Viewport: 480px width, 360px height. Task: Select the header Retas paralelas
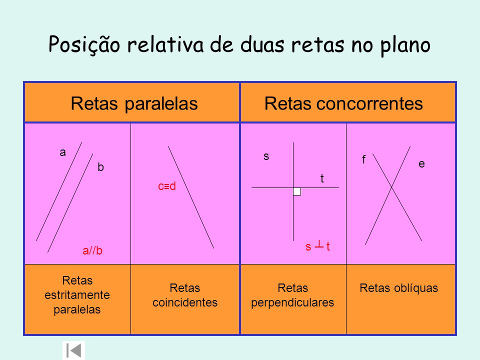tap(134, 103)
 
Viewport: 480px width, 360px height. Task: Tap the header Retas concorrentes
tap(343, 103)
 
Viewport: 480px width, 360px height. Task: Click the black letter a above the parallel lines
tap(62, 153)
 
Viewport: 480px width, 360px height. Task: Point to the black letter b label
tap(100, 168)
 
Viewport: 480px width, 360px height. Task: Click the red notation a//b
tap(92, 251)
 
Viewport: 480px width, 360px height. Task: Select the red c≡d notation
tap(167, 186)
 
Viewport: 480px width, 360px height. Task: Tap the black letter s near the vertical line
tap(266, 156)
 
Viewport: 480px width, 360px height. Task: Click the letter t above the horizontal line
tap(322, 178)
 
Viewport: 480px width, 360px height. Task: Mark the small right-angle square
tap(297, 191)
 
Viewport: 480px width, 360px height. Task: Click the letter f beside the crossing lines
tap(364, 160)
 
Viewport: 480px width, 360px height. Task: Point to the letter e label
tap(421, 163)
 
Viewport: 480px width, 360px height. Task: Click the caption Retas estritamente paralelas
tap(77, 295)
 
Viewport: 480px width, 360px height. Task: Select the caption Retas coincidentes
tap(185, 295)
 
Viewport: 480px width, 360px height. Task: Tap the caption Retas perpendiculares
tap(292, 295)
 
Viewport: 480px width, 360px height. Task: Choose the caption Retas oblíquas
tap(398, 288)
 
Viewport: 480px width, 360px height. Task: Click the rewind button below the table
tap(73, 350)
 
